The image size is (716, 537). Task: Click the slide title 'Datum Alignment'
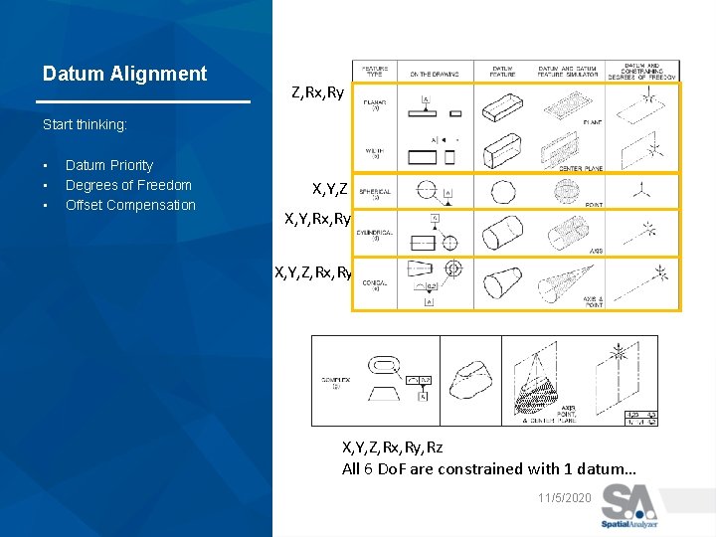tap(124, 74)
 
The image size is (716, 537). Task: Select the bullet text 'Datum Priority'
tap(109, 165)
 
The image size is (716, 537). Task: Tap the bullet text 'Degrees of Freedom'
tap(128, 185)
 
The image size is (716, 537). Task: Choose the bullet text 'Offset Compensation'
tap(130, 205)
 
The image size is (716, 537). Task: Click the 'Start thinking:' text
tap(86, 125)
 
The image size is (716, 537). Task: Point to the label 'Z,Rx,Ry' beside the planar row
tap(318, 92)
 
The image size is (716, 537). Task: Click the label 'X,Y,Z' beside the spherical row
tap(330, 188)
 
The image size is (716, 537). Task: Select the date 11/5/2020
tap(564, 497)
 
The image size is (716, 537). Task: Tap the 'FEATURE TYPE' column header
tap(375, 73)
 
